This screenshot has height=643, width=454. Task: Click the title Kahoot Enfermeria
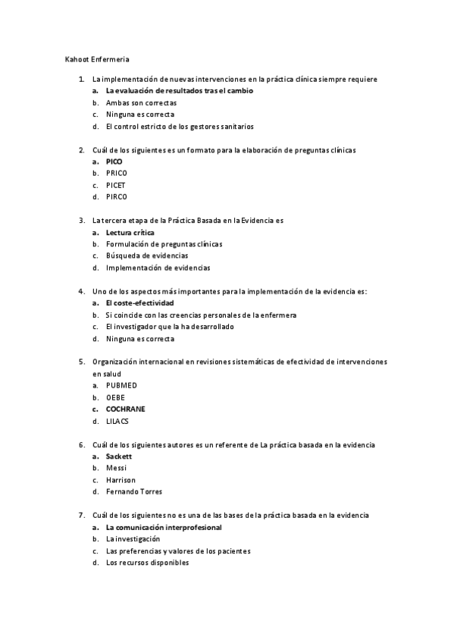[96, 58]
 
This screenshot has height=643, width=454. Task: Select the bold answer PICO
[114, 162]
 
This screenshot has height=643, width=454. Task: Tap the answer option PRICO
[117, 173]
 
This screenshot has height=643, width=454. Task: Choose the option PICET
[116, 185]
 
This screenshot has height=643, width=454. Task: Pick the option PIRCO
[117, 197]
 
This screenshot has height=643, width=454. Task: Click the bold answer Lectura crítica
[130, 232]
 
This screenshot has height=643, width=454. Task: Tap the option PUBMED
[121, 385]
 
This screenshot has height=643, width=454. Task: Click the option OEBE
[116, 397]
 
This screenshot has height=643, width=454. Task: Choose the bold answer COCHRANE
[126, 409]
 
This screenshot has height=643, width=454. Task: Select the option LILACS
[118, 421]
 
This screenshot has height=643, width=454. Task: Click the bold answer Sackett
[119, 456]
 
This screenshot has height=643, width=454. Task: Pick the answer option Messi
[116, 468]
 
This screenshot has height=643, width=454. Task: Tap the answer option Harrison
[121, 480]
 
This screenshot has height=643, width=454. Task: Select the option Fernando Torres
[134, 491]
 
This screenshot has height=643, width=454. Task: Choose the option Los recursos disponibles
[147, 563]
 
